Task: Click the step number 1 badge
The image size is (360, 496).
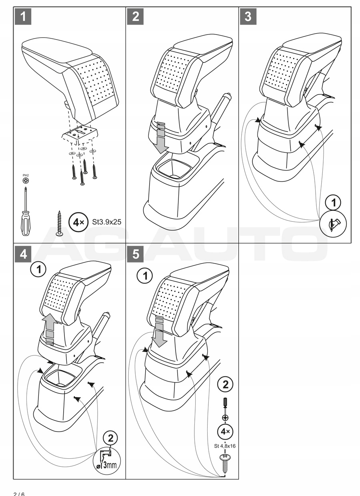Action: pyautogui.click(x=24, y=17)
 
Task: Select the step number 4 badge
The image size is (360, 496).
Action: pyautogui.click(x=24, y=255)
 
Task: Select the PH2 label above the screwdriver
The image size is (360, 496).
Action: pyautogui.click(x=26, y=175)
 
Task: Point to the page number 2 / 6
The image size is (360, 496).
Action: pyautogui.click(x=19, y=493)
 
